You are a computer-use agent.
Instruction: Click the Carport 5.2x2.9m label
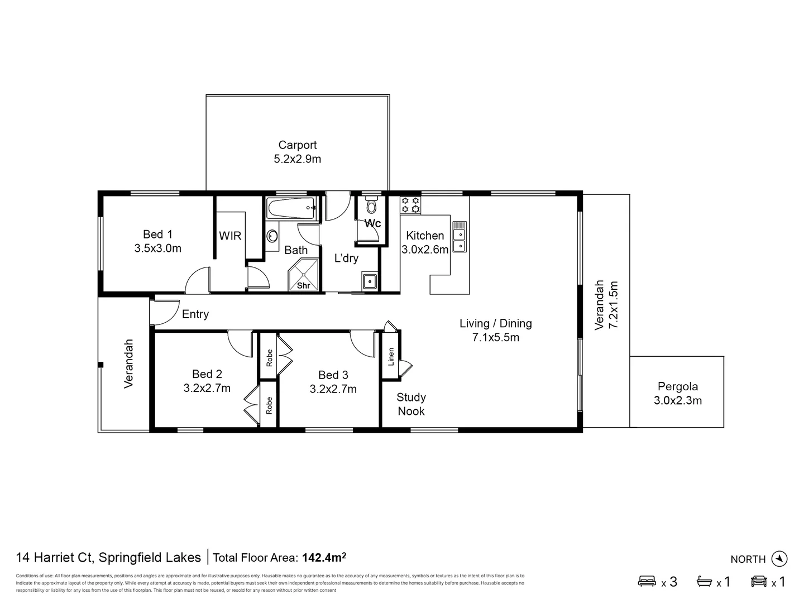click(x=297, y=152)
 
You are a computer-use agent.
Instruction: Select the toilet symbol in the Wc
click(x=371, y=206)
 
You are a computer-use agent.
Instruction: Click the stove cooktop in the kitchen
click(x=410, y=205)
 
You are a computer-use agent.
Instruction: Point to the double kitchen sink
click(x=459, y=237)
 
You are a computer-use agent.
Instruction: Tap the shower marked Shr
click(x=303, y=276)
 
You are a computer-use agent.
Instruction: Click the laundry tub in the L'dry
click(x=369, y=281)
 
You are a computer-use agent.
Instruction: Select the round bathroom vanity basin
click(x=272, y=236)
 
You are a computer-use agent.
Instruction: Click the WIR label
click(x=230, y=236)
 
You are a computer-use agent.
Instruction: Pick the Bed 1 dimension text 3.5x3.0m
click(x=157, y=248)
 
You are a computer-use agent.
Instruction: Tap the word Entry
click(x=195, y=314)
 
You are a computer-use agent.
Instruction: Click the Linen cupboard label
click(x=391, y=356)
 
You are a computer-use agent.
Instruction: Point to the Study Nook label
click(x=411, y=404)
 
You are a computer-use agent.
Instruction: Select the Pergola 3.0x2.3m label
click(x=677, y=393)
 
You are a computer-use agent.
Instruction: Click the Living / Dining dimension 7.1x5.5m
click(x=495, y=337)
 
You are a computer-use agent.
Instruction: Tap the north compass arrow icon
click(x=779, y=558)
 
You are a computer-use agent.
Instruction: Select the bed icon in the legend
click(x=647, y=581)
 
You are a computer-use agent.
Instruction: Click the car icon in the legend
click(x=759, y=581)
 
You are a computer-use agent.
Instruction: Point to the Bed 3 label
click(x=333, y=375)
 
